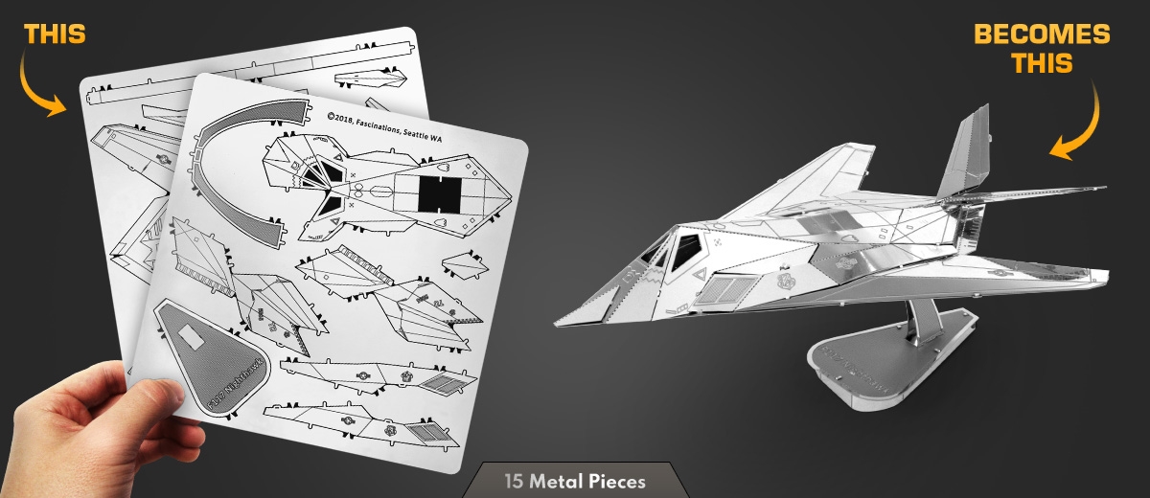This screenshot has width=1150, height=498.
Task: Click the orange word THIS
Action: (55, 34)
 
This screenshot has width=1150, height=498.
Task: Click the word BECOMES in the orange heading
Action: (1042, 35)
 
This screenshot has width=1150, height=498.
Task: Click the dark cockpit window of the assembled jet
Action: (683, 251)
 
